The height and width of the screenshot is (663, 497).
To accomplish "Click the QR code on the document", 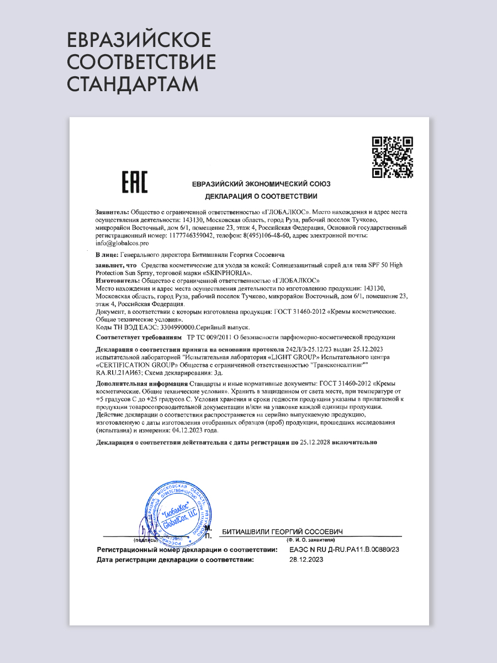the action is coord(393,157).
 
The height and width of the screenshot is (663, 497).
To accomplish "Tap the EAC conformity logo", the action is coord(134,183).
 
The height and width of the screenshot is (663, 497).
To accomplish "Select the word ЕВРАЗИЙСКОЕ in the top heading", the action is coord(139,41).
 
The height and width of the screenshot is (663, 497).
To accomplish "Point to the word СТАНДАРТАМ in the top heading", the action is coord(133,84).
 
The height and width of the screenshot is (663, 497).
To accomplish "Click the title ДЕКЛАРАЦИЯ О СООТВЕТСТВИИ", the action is coord(261,196).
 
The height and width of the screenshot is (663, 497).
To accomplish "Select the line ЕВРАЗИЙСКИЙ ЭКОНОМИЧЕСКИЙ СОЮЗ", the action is coord(261,184).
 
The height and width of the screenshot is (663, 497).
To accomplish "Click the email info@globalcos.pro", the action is coord(122,243).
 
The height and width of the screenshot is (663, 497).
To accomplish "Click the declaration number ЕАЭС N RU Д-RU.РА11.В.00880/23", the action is coord(344,550).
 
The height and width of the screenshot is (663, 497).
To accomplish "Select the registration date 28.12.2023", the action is coord(306,560).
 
